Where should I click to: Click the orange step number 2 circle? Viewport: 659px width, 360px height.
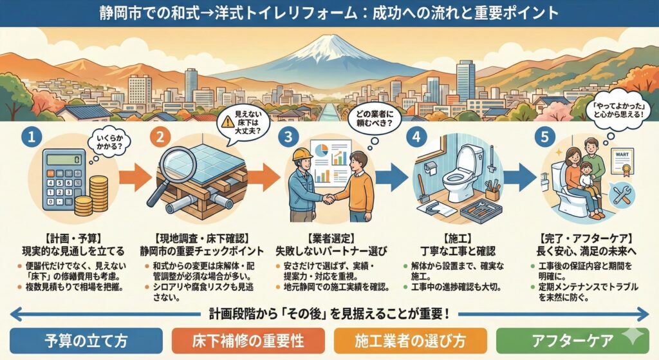click(x=160, y=137)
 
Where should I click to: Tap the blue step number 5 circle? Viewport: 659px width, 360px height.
click(x=544, y=137)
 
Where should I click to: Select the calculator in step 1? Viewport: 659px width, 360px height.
click(x=63, y=180)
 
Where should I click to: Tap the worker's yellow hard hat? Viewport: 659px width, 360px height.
click(x=302, y=153)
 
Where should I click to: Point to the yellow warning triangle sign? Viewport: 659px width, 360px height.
click(x=227, y=122)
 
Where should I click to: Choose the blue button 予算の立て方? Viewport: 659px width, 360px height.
click(x=86, y=340)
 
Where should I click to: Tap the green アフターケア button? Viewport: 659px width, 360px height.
click(x=572, y=340)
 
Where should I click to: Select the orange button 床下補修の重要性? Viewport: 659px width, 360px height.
click(x=248, y=340)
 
